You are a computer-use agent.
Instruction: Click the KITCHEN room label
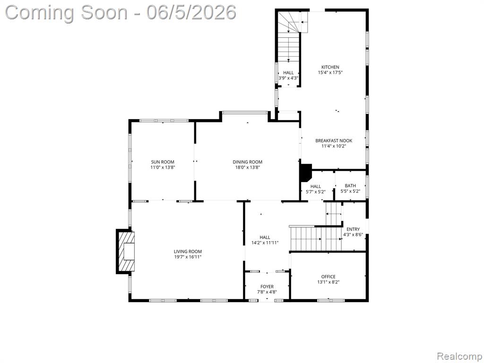click(x=330, y=67)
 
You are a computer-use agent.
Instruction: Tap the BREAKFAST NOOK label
click(x=334, y=141)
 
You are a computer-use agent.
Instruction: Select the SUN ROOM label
click(x=163, y=162)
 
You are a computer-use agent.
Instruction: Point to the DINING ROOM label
click(x=247, y=162)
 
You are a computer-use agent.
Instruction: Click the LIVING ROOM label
click(x=188, y=251)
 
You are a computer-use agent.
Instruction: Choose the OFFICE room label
click(x=328, y=277)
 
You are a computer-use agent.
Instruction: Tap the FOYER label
click(x=267, y=287)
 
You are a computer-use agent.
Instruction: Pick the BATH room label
click(x=350, y=186)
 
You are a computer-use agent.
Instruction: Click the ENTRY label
click(x=353, y=229)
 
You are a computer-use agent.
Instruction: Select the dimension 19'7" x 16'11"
click(x=188, y=257)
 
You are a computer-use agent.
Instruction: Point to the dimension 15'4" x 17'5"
click(x=330, y=72)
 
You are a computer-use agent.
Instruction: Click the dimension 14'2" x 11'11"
click(x=265, y=242)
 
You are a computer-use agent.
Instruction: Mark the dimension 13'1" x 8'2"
click(x=328, y=282)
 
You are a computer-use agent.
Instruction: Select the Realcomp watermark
click(x=459, y=356)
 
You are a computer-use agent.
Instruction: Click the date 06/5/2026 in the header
click(x=191, y=13)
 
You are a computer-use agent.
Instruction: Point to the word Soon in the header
click(x=104, y=13)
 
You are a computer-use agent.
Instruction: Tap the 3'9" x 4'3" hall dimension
click(x=288, y=78)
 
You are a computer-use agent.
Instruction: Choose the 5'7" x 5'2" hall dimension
click(x=315, y=191)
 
